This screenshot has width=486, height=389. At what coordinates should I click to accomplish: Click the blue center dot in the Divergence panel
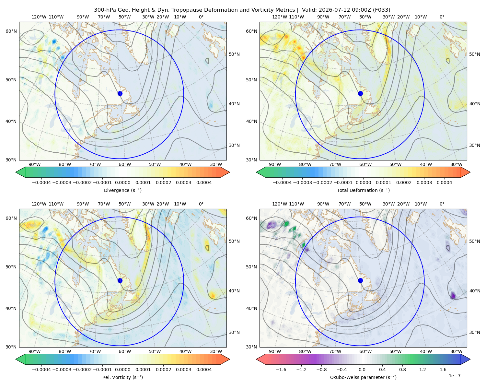pyautogui.click(x=120, y=93)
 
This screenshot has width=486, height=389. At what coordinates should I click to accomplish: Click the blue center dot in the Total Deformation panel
pyautogui.click(x=360, y=93)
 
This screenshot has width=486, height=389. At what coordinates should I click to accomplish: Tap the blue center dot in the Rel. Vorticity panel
pyautogui.click(x=120, y=280)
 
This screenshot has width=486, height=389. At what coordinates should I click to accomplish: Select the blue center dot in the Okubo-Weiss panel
pyautogui.click(x=360, y=280)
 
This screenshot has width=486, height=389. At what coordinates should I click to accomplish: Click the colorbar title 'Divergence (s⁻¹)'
pyautogui.click(x=122, y=190)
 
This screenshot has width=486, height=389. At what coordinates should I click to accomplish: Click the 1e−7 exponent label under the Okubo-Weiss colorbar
pyautogui.click(x=454, y=376)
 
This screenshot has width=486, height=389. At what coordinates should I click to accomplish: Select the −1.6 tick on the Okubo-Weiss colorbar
pyautogui.click(x=281, y=369)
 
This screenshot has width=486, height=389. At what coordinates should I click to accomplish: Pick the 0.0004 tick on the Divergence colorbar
pyautogui.click(x=204, y=183)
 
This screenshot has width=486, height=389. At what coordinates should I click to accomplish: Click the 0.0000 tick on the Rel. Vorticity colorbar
pyautogui.click(x=122, y=369)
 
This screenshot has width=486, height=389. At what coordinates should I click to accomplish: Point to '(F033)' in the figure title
pyautogui.click(x=381, y=10)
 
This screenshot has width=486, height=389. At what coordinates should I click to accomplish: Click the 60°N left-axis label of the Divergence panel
pyautogui.click(x=11, y=31)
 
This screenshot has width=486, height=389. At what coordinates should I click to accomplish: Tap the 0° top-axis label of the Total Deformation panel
pyautogui.click(x=442, y=17)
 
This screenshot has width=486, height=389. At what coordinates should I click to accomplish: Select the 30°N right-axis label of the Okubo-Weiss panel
pyautogui.click(x=474, y=332)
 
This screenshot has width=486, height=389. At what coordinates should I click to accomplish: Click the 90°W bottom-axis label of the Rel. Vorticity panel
pyautogui.click(x=35, y=351)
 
